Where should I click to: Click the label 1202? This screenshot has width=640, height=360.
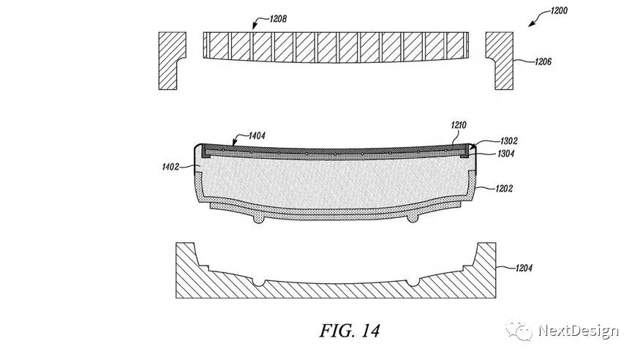click(x=502, y=188)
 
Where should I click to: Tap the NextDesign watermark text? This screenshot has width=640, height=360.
click(x=578, y=331)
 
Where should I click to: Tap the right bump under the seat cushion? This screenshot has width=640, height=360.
click(x=413, y=219)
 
